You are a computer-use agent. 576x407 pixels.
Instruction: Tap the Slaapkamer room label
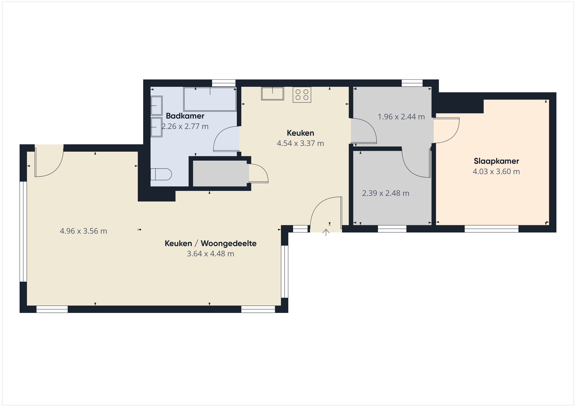click(496, 161)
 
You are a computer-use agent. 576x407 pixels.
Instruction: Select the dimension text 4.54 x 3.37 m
click(300, 143)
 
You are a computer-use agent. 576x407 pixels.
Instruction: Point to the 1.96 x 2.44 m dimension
click(401, 117)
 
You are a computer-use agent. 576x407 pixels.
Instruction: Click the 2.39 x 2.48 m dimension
click(386, 193)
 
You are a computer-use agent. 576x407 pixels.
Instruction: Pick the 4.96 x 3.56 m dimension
click(84, 231)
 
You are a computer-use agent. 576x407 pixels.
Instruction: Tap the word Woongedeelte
click(229, 243)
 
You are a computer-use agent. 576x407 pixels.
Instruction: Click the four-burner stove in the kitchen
click(302, 95)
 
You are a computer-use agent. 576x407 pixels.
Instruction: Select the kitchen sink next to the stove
click(272, 93)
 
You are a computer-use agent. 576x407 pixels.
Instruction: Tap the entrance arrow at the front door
click(326, 232)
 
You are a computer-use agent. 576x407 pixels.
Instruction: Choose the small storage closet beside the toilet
click(220, 174)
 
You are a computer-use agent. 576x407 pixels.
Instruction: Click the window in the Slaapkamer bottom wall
click(491, 229)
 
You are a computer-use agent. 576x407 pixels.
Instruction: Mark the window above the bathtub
click(224, 83)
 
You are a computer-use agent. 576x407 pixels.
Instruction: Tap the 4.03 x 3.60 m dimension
click(496, 172)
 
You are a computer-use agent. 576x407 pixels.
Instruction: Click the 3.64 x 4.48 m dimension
click(210, 254)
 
